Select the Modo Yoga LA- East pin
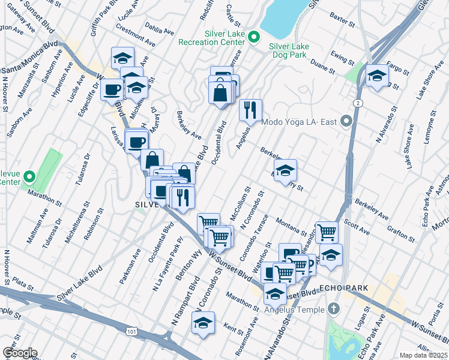point(346,122)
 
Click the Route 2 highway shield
point(358,103)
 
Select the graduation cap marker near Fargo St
point(377,76)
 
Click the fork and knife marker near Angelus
point(250,110)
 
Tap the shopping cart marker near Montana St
point(327,232)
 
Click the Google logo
point(19,353)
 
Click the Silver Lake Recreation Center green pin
point(253,37)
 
